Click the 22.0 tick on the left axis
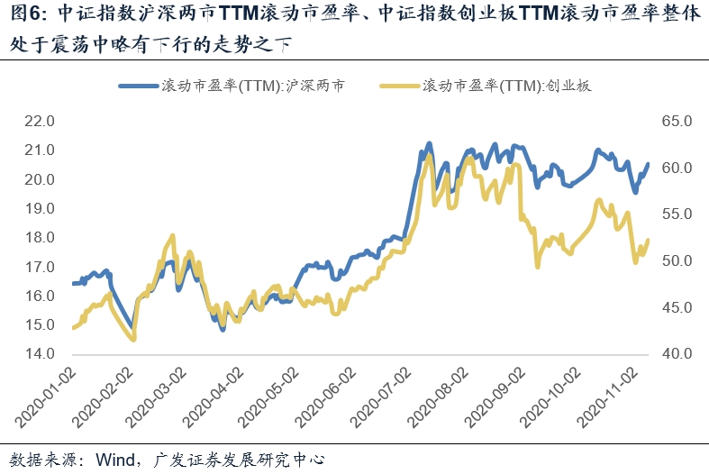point(40,122)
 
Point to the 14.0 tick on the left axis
point(40,354)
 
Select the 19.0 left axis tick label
point(40,208)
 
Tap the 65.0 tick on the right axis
point(675,122)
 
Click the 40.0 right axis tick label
point(675,354)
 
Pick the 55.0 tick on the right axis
point(675,214)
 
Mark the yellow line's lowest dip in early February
point(133,339)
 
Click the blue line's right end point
point(648,163)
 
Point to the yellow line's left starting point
point(72,328)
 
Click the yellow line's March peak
point(171,236)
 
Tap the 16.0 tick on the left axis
point(40,296)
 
